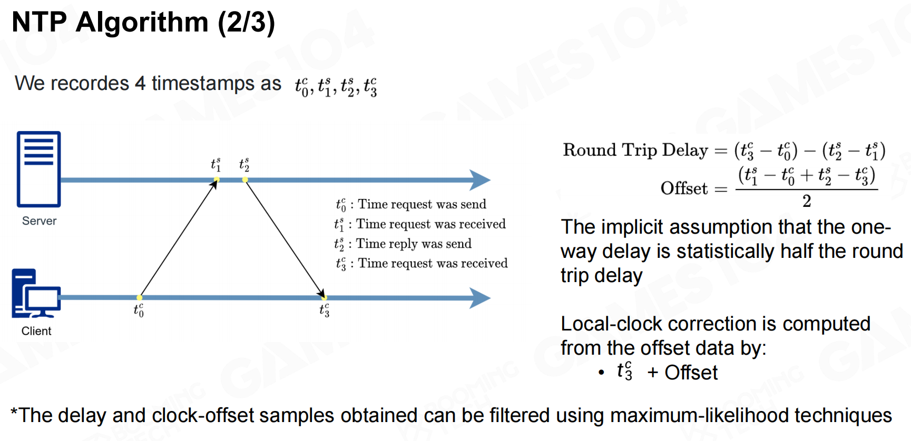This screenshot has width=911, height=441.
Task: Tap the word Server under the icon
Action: (x=39, y=221)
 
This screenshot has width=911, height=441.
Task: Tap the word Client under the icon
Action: (x=36, y=331)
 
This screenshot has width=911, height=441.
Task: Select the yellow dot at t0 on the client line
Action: (x=139, y=298)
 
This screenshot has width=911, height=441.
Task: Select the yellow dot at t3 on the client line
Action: (x=324, y=298)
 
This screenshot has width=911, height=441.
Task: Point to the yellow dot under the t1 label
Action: (x=217, y=180)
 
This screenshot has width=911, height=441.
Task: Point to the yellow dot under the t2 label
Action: (x=245, y=180)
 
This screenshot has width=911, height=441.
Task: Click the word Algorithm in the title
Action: (x=142, y=23)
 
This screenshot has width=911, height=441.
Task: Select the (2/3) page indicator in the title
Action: (x=247, y=23)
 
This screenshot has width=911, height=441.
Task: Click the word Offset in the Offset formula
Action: (x=684, y=188)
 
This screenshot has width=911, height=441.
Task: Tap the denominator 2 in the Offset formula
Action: (x=806, y=201)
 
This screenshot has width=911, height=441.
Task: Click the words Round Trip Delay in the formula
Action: (x=635, y=151)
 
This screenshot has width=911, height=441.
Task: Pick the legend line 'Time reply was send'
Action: (x=413, y=244)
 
